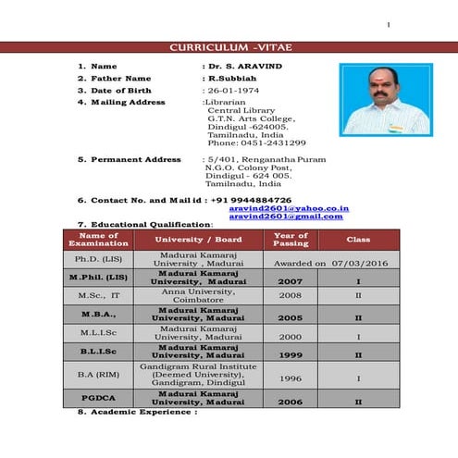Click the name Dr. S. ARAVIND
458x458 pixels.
(x=247, y=67)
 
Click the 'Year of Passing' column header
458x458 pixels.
(x=291, y=239)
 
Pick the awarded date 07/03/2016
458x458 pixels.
(x=356, y=264)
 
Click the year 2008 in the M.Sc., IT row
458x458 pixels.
(x=291, y=296)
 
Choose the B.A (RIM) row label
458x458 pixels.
(x=98, y=378)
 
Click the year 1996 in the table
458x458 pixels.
(x=291, y=378)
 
